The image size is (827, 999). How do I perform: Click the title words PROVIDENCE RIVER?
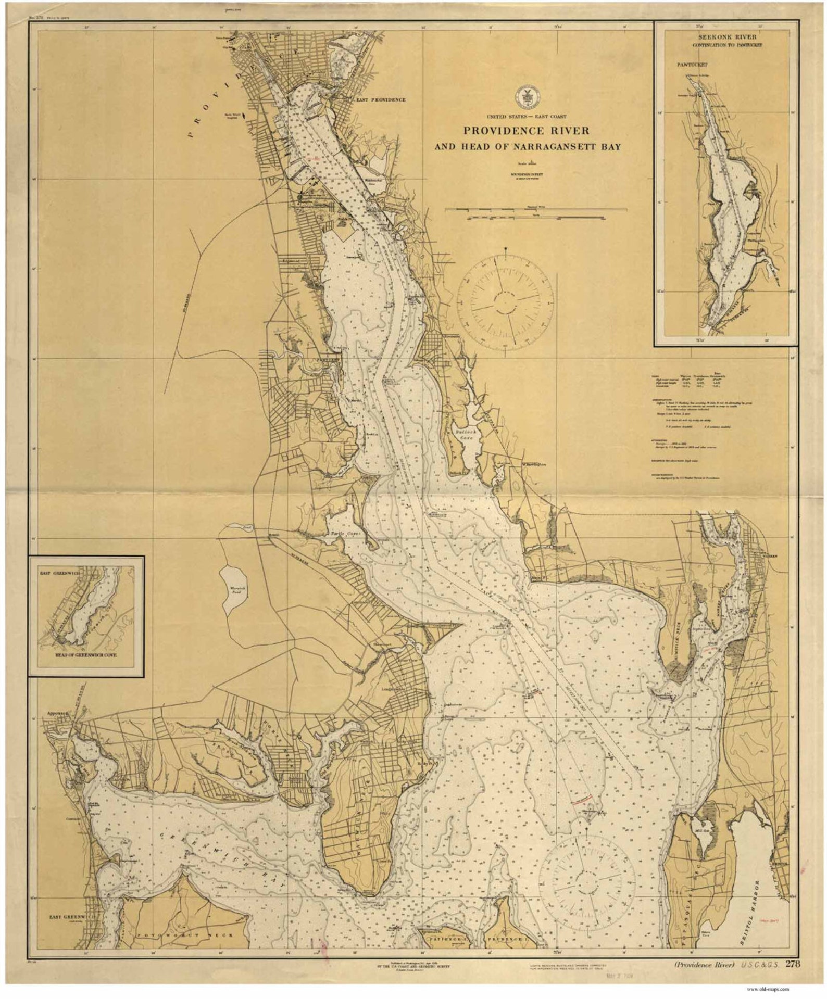[x=527, y=131]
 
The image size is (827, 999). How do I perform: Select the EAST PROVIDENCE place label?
[x=380, y=99]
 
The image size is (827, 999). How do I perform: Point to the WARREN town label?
[x=770, y=556]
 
